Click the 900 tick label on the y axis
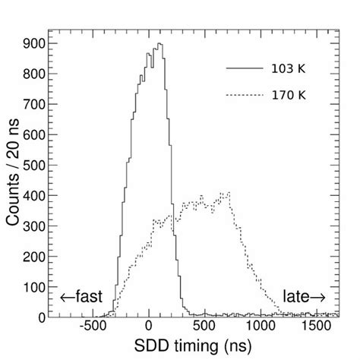(33, 45)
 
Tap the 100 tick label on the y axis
(33, 286)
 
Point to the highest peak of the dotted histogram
(226, 194)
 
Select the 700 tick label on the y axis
(33, 105)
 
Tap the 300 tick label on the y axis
(33, 226)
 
